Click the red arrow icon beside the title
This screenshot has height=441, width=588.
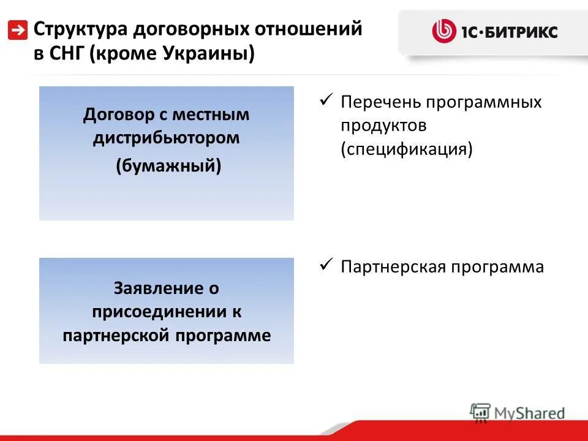tap(18, 29)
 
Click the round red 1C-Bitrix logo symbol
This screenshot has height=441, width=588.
tap(444, 31)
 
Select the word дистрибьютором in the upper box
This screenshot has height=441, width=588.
tap(167, 138)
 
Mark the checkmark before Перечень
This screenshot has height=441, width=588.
tap(326, 99)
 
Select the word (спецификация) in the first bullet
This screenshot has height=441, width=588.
tap(407, 149)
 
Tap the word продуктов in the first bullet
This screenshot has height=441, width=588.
tap(383, 126)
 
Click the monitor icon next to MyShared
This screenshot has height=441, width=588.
tap(480, 412)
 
